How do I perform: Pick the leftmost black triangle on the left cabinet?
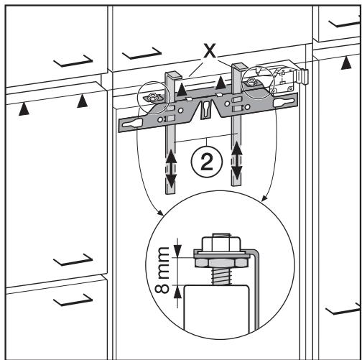(x=26, y=109)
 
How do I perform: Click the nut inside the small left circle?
(x=152, y=96)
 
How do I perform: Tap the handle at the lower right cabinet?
(x=340, y=310)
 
